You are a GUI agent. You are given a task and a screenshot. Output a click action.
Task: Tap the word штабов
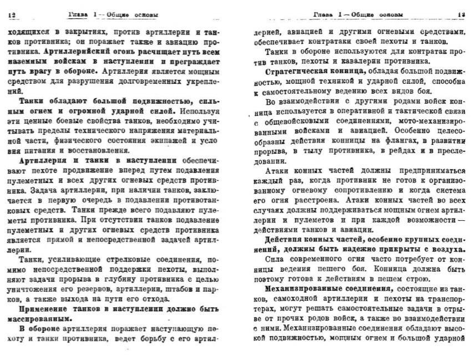[169, 289]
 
